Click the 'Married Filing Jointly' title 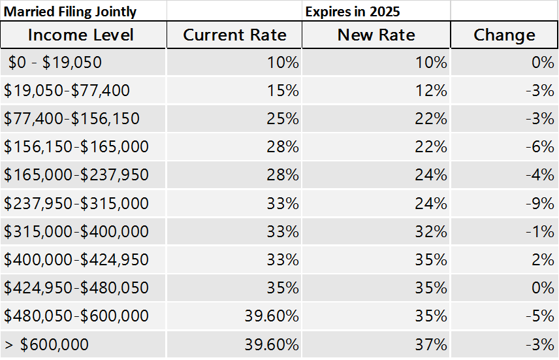71,11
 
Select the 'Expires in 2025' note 353,11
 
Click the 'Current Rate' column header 234,35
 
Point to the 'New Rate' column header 376,35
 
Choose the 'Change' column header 504,35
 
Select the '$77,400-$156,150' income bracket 72,119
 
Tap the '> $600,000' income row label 46,344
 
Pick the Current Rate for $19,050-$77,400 283,91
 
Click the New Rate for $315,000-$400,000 431,232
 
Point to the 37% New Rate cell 431,344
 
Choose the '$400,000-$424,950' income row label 76,260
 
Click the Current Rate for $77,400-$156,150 283,119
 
